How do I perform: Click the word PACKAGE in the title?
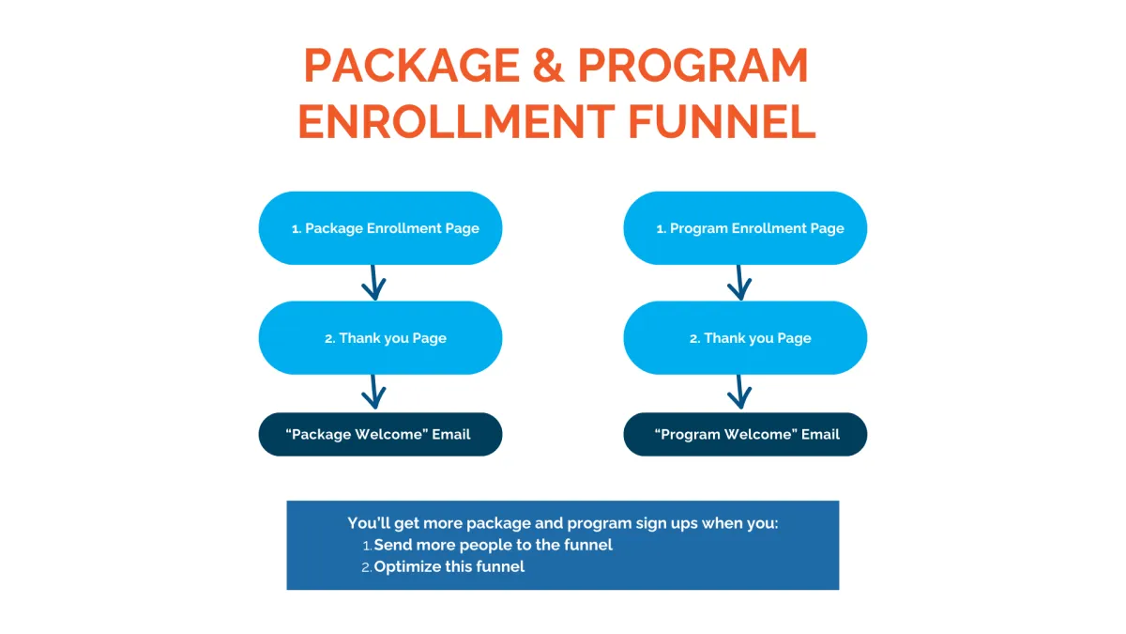coord(412,66)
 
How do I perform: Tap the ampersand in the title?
coord(548,66)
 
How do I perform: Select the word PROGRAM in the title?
coord(692,66)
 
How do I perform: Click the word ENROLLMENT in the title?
coord(456,121)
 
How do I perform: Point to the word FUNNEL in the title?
coord(722,121)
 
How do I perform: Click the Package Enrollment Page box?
coord(381,228)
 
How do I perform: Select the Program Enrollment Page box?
coord(745,228)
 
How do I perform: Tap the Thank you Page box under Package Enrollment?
coord(381,337)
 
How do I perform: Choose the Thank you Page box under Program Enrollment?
coord(745,337)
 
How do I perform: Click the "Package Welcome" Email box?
coord(381,434)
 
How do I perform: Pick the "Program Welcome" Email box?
coord(745,434)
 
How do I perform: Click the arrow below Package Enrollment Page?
coord(373,283)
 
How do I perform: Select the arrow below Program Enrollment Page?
coord(739,283)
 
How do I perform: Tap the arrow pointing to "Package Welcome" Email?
coord(373,392)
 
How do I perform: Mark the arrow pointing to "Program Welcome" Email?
coord(739,392)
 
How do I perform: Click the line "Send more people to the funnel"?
coord(494,545)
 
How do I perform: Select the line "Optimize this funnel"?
coord(449,567)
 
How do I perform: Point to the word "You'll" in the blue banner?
coord(369,523)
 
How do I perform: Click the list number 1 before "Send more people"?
coord(367,546)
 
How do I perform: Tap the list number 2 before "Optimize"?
coord(367,568)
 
